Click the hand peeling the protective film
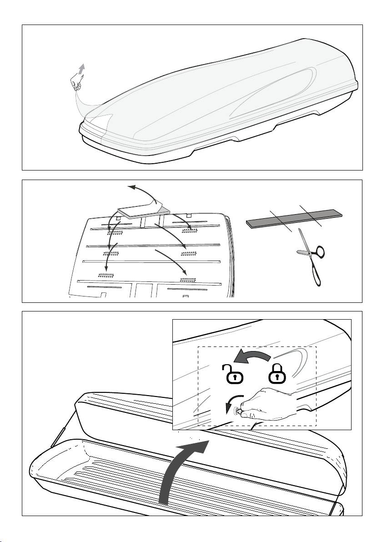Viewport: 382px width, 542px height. [76, 84]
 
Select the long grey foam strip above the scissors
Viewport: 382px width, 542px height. [294, 217]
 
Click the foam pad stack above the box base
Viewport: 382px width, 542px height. [142, 210]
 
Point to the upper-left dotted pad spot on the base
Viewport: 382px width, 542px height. [115, 232]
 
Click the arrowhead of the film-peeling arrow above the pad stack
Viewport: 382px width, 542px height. [130, 186]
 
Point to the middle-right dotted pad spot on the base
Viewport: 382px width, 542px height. [188, 252]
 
